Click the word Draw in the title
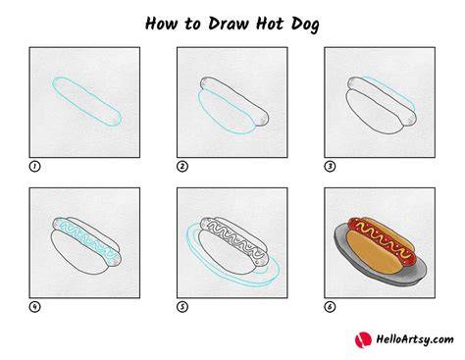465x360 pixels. point(229,24)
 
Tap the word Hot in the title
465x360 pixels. point(270,24)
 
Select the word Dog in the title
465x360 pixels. point(305,25)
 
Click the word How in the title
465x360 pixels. point(162,24)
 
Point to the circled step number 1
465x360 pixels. point(34,167)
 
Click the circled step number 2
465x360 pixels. point(182,167)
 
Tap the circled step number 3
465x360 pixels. point(330,167)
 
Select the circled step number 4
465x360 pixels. point(34,307)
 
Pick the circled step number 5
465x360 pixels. point(182,307)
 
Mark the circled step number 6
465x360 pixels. point(330,307)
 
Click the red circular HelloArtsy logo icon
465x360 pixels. point(363,340)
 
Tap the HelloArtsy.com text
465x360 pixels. point(415,339)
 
